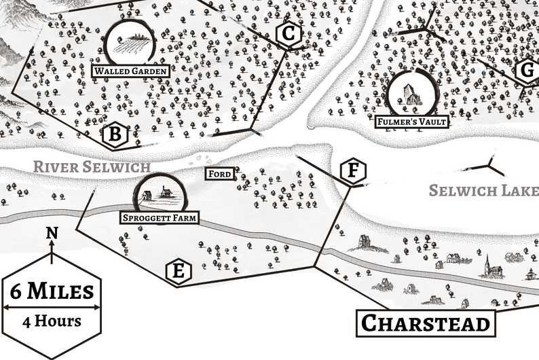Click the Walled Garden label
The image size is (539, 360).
[130, 71]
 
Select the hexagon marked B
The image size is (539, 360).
[115, 136]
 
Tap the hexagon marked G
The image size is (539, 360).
[525, 70]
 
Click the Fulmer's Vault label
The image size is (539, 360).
[413, 122]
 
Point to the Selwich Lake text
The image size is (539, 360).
[483, 191]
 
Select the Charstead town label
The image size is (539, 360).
[425, 323]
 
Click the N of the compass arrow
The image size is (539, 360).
[52, 234]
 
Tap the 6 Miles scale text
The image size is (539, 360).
[52, 291]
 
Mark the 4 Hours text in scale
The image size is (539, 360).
[52, 320]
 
